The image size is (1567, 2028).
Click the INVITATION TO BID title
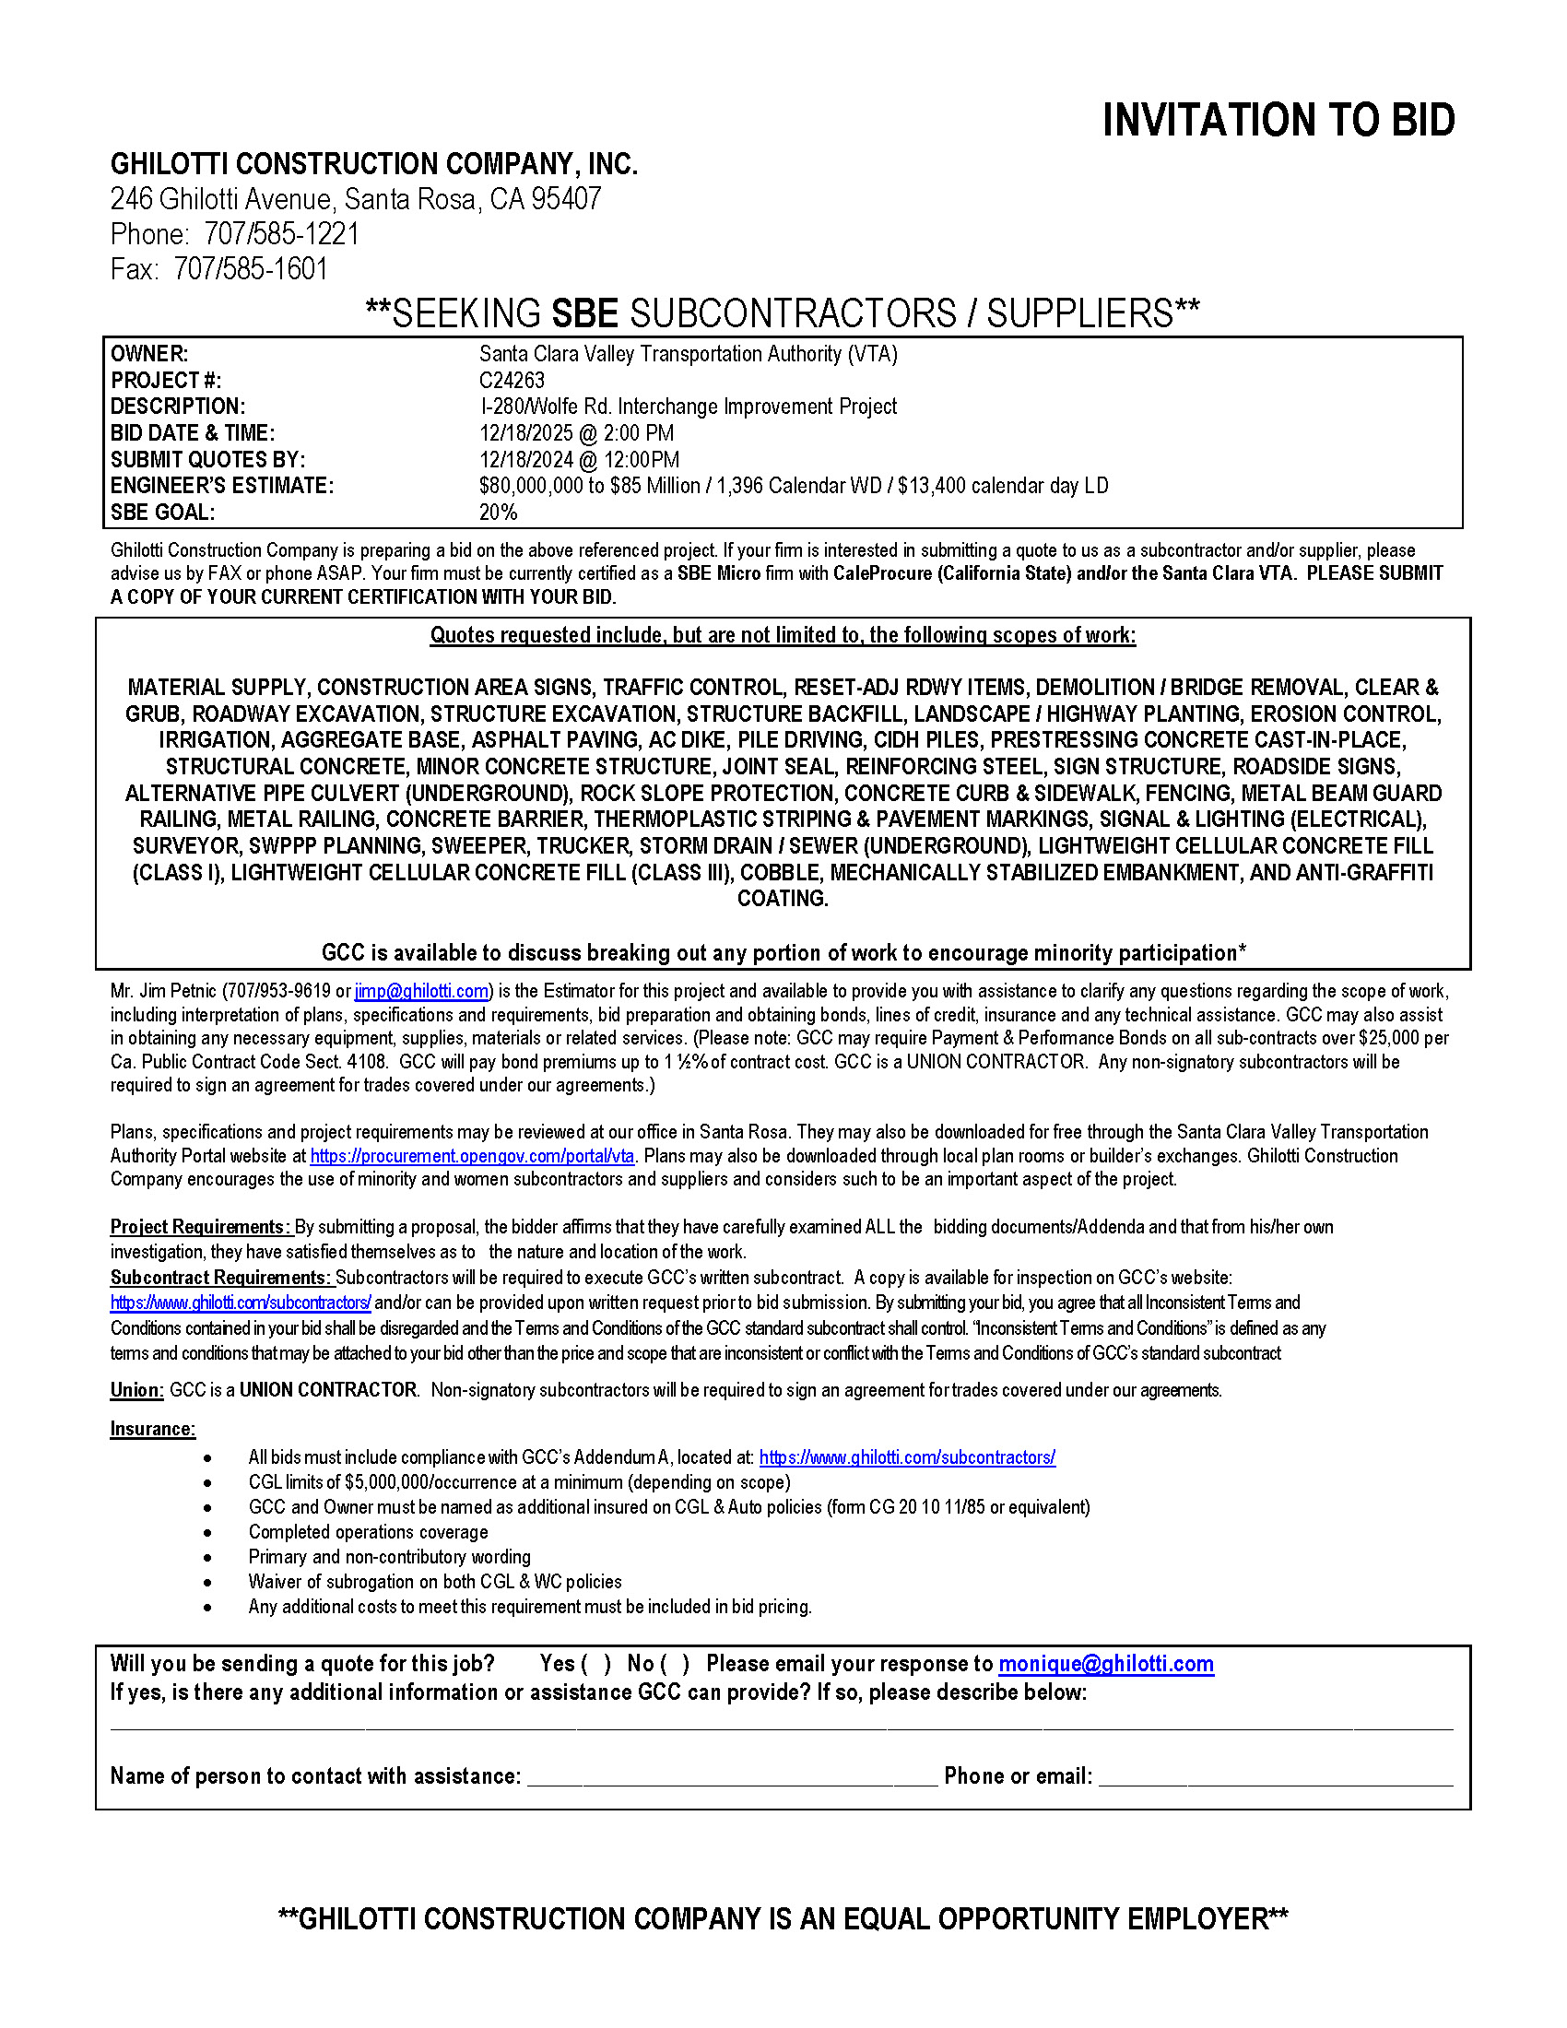point(1278,121)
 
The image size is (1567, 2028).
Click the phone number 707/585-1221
point(281,234)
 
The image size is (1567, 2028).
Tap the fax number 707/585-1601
point(251,269)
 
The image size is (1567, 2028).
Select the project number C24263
point(512,380)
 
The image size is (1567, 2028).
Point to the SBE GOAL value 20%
point(498,512)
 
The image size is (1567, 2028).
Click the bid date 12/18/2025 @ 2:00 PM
point(576,432)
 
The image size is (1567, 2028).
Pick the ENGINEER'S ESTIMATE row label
point(222,486)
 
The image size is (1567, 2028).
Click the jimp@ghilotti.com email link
point(421,991)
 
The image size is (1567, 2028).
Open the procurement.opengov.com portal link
point(472,1156)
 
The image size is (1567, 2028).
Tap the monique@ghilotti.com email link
point(1105,1663)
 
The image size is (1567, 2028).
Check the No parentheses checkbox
point(675,1663)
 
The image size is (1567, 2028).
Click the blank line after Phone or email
point(1276,1777)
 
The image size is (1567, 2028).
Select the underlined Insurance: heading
point(153,1428)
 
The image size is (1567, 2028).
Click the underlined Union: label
point(137,1389)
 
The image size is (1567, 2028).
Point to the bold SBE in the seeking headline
point(584,313)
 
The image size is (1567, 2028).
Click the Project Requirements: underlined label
point(202,1227)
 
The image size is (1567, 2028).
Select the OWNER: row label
point(149,354)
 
